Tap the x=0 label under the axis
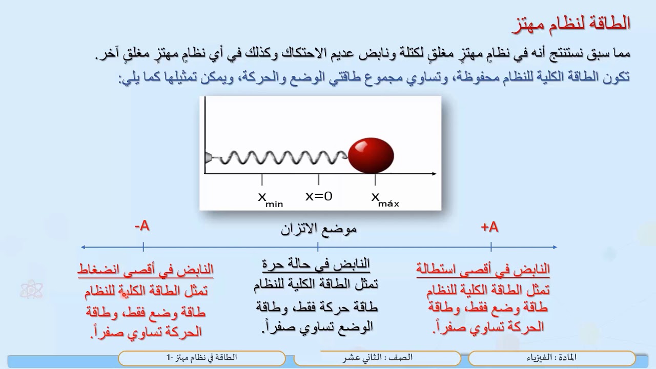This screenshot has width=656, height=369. (x=319, y=196)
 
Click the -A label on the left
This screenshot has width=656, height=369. (x=142, y=226)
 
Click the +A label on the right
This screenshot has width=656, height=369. (x=490, y=227)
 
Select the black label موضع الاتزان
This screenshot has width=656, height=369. (x=318, y=229)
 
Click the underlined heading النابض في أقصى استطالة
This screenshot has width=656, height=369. (x=483, y=269)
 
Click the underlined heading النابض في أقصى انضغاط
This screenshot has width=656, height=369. (x=146, y=269)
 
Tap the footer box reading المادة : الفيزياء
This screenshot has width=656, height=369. (x=551, y=358)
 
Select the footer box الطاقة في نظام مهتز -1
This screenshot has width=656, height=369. (x=201, y=358)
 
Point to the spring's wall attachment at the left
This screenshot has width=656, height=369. (x=208, y=157)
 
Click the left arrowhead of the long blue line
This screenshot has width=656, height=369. (x=83, y=247)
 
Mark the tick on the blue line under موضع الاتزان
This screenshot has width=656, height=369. (x=318, y=247)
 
